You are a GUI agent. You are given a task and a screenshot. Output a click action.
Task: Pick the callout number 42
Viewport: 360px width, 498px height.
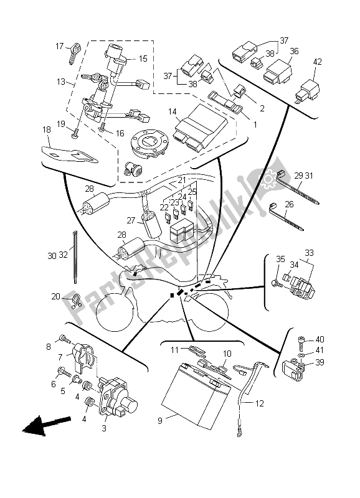click(318, 62)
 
